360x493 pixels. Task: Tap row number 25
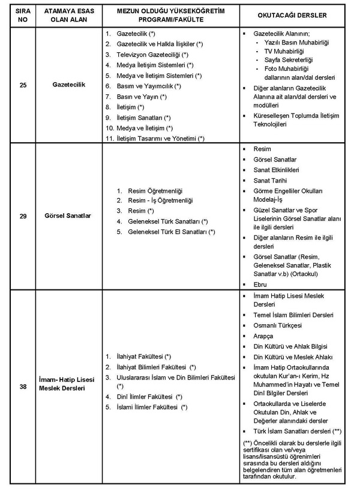pos(23,85)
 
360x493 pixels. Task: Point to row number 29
pos(23,216)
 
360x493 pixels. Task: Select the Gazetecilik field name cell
pos(69,85)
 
